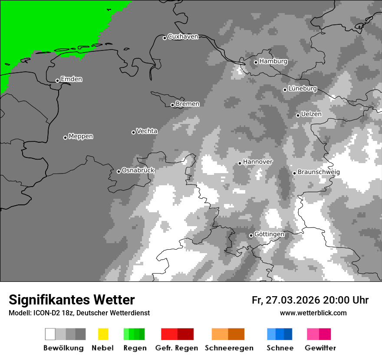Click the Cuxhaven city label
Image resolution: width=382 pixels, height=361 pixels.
pyautogui.click(x=183, y=37)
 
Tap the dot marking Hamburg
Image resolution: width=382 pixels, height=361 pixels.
pyautogui.click(x=256, y=62)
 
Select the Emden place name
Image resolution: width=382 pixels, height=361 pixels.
pyautogui.click(x=71, y=79)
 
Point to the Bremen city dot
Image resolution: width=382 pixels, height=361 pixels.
pyautogui.click(x=172, y=105)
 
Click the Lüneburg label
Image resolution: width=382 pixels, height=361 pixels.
pyautogui.click(x=303, y=88)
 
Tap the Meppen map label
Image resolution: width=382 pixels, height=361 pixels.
pyautogui.click(x=81, y=136)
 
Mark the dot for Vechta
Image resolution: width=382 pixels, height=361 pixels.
pyautogui.click(x=133, y=132)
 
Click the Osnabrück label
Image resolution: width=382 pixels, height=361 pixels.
pyautogui.click(x=138, y=170)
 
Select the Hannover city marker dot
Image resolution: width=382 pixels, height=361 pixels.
pyautogui.click(x=240, y=163)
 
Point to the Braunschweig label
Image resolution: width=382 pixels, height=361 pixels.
pyautogui.click(x=319, y=172)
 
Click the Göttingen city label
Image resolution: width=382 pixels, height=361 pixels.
pyautogui.click(x=269, y=234)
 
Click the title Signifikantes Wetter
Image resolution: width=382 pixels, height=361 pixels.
pyautogui.click(x=72, y=300)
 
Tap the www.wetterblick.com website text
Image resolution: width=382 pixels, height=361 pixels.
pyautogui.click(x=313, y=313)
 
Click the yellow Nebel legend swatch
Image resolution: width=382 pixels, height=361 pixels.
pyautogui.click(x=103, y=334)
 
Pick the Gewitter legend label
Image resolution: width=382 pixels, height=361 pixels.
pyautogui.click(x=320, y=348)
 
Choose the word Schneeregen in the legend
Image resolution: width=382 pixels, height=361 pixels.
pyautogui.click(x=229, y=348)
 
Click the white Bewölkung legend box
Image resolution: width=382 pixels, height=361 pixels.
pyautogui.click(x=50, y=334)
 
